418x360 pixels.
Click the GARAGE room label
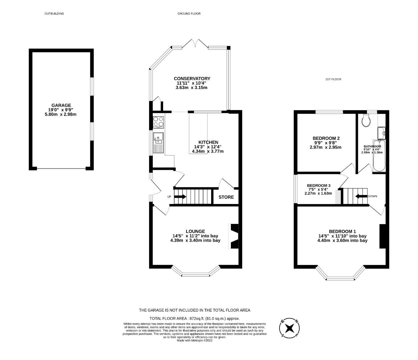click(x=61, y=105)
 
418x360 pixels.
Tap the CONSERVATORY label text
click(x=192, y=79)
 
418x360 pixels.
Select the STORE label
click(x=226, y=197)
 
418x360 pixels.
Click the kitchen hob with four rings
click(x=158, y=122)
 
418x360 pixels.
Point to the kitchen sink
click(x=158, y=138)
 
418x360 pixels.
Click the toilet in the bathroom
click(x=366, y=121)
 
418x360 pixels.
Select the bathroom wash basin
click(x=382, y=133)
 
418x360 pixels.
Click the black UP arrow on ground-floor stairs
click(x=180, y=197)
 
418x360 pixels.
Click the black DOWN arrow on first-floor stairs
click(x=361, y=196)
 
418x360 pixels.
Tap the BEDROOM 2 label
click(x=326, y=138)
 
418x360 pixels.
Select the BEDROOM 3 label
click(x=319, y=186)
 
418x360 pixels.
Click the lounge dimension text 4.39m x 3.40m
click(x=195, y=240)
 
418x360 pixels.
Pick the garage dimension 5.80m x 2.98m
click(x=61, y=114)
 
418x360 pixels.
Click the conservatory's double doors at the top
click(x=196, y=44)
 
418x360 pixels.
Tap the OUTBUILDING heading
click(x=54, y=14)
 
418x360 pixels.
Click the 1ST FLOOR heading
click(x=333, y=79)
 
